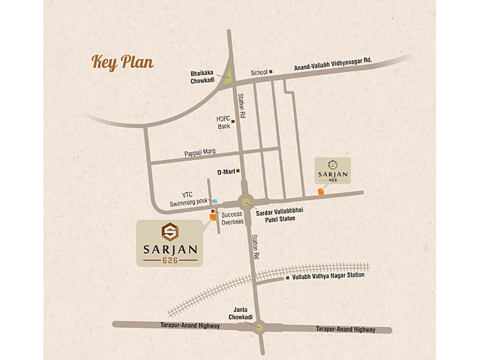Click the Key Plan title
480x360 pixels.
[122, 61]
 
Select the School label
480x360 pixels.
[259, 73]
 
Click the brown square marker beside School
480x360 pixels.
[271, 73]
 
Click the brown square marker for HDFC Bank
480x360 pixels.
[233, 121]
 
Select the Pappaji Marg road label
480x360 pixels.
[199, 153]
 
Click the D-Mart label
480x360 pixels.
[226, 172]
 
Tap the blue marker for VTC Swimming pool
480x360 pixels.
[214, 201]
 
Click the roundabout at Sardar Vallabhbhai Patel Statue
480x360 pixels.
[246, 201]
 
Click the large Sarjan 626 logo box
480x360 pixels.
[168, 242]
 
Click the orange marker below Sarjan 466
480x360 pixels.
[320, 192]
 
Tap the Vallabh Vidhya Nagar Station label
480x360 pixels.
[327, 275]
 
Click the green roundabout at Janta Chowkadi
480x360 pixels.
[259, 326]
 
